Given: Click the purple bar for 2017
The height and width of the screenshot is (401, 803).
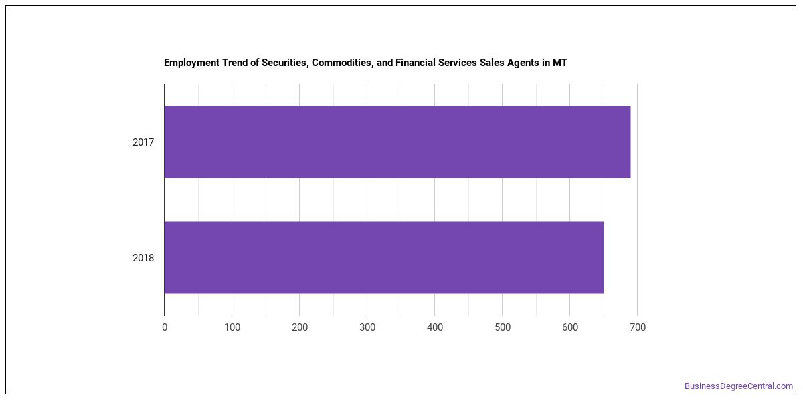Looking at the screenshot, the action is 397,142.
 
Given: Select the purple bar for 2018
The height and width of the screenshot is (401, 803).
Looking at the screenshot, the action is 384,257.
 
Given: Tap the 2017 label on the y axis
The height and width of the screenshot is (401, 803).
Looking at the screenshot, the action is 143,142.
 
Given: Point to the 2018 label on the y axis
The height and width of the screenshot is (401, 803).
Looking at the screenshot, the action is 143,258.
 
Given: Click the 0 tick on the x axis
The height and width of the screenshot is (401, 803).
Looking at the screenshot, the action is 165,327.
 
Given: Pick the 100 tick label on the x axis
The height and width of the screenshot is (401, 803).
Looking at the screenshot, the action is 232,327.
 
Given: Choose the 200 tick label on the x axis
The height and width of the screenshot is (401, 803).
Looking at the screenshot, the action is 300,327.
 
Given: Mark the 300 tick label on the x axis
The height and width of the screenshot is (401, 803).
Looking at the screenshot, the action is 367,327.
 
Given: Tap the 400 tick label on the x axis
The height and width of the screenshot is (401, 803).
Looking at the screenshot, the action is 435,327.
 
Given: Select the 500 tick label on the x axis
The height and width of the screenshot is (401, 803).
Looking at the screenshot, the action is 503,327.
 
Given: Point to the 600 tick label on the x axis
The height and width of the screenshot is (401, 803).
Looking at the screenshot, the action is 570,327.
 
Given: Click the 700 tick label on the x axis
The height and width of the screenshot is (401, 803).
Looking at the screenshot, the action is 638,327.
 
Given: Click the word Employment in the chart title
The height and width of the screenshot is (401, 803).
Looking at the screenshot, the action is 192,63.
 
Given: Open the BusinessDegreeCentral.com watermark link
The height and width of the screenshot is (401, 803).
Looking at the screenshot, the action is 739,386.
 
